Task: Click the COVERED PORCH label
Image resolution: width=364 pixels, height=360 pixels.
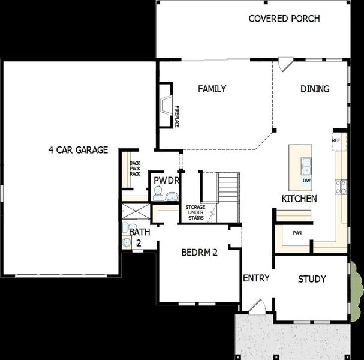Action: coord(284,19)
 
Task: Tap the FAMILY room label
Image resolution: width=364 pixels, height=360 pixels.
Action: coord(212,89)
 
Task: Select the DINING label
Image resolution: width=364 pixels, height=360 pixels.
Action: coord(315,89)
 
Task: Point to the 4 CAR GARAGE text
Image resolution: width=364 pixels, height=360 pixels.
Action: coord(78,150)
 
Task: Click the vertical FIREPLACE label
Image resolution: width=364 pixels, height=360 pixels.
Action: coord(177,116)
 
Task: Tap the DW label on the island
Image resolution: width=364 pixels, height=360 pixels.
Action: coord(306,180)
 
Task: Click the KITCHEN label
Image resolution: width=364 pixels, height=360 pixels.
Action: coord(300,199)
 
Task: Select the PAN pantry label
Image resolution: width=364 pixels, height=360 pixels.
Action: coord(297,233)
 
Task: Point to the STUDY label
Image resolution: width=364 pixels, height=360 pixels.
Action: coord(312,279)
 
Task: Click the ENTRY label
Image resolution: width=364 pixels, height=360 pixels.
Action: coord(256,278)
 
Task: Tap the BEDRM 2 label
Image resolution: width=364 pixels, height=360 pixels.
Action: coord(199,253)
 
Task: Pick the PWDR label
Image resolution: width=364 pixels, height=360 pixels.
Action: coord(164,180)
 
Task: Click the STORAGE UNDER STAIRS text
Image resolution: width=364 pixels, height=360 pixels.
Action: coord(195,212)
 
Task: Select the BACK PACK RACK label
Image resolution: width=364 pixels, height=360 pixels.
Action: coord(135,168)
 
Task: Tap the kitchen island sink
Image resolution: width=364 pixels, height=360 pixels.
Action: coord(306,164)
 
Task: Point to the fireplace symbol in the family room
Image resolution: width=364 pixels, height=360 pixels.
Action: coord(165,105)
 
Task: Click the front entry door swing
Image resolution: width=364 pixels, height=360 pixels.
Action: coord(257,306)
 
